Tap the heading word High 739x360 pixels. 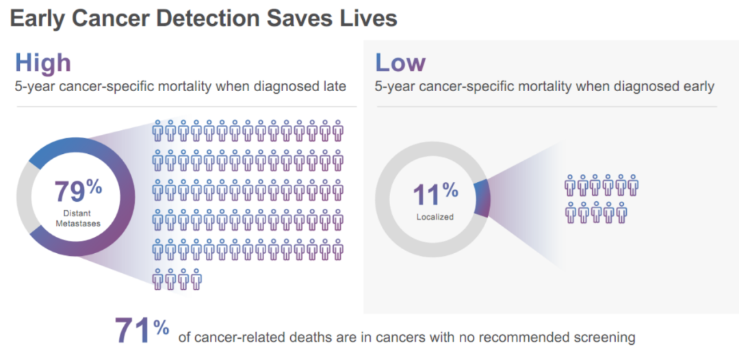coord(43,63)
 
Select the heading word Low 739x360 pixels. coord(400,63)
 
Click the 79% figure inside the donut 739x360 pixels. coord(78,191)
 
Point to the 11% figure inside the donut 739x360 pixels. coord(435,194)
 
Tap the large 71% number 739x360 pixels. coord(142,331)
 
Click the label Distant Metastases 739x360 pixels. coord(78,219)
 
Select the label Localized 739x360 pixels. coord(435,217)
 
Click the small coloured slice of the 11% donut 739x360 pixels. coord(482,198)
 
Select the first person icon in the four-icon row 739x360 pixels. coord(157,279)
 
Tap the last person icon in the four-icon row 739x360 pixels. coord(196,279)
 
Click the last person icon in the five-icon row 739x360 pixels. coord(621,213)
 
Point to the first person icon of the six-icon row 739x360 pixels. coord(570,185)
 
